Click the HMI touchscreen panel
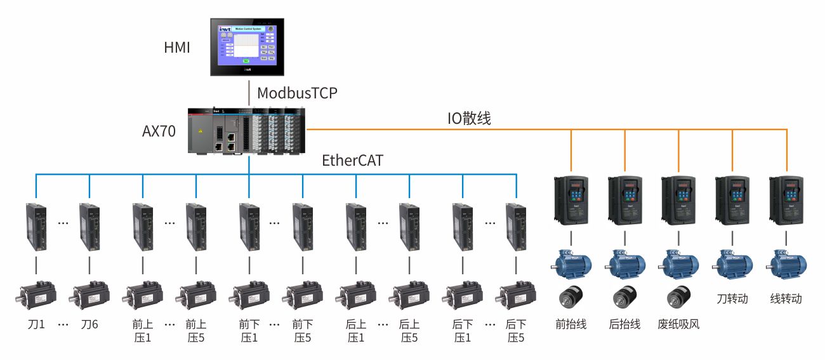coord(248,48)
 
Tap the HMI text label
coord(177,48)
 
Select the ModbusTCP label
coord(297,93)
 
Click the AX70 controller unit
coord(247,131)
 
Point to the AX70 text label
coord(159,132)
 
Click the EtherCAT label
coord(353,161)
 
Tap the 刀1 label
coord(36,324)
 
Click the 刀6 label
coord(89,324)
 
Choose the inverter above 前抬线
coord(571,200)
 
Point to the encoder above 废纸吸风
coord(679,297)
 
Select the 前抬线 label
coord(571,324)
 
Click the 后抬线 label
coord(625,324)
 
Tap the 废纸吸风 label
coord(679,324)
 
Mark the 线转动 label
coord(786,298)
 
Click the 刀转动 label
coord(732,298)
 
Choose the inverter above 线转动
coord(786,200)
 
